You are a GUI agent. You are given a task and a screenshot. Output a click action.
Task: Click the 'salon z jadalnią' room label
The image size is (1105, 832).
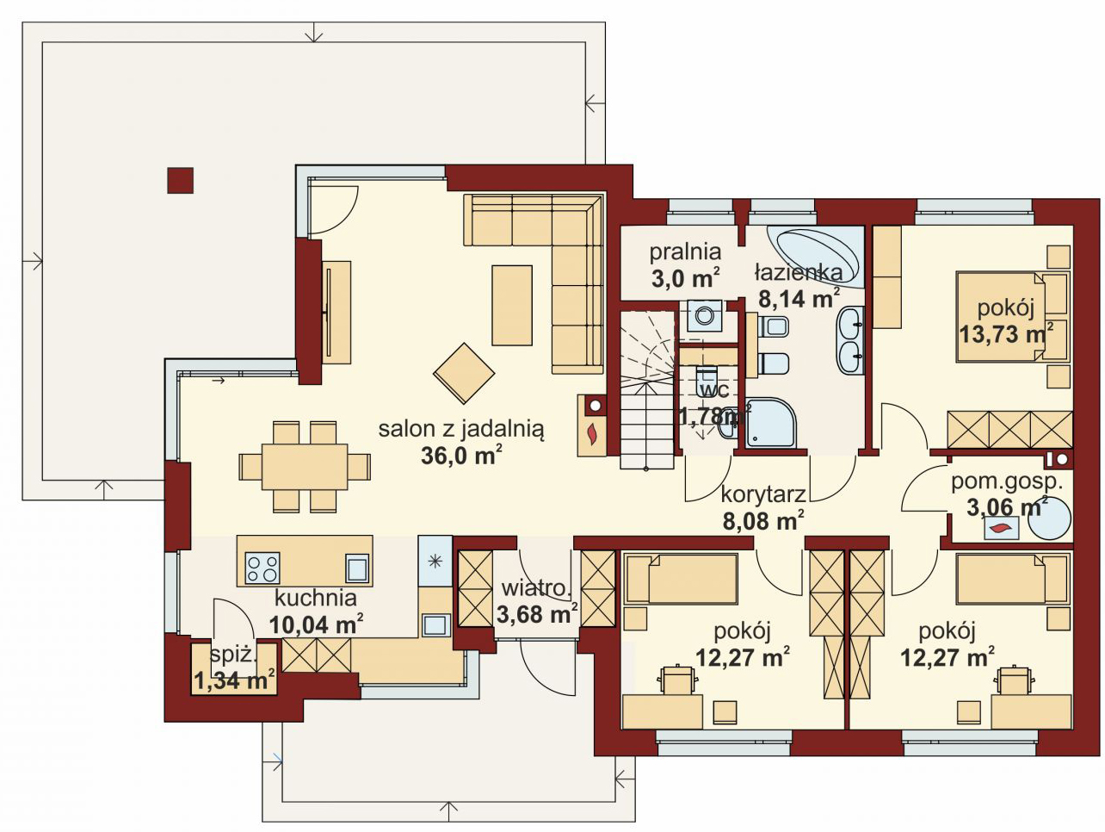click(x=461, y=430)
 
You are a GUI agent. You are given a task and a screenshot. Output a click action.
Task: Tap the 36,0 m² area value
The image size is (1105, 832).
click(x=461, y=456)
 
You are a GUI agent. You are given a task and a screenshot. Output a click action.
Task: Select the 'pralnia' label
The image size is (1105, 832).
click(x=685, y=251)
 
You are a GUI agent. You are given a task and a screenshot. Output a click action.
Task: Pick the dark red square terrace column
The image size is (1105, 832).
click(x=180, y=180)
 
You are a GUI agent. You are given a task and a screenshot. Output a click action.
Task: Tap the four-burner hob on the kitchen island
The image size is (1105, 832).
click(x=262, y=568)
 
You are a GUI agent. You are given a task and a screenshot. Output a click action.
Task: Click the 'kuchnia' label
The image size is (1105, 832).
click(x=316, y=599)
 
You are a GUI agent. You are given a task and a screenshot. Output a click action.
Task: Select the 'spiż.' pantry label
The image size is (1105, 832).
click(x=233, y=655)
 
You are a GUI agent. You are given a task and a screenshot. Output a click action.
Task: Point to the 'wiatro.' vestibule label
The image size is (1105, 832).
click(x=537, y=588)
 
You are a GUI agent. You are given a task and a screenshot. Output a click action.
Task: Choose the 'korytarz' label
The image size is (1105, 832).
click(x=763, y=494)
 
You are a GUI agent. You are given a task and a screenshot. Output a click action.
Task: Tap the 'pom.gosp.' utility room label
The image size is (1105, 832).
click(x=1007, y=482)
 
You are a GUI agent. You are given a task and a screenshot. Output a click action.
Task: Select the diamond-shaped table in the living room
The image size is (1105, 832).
click(x=464, y=373)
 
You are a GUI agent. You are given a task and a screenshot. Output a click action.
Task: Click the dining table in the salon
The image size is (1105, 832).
click(x=305, y=466)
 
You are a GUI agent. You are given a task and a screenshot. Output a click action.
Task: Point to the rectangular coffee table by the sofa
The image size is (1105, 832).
click(x=512, y=305)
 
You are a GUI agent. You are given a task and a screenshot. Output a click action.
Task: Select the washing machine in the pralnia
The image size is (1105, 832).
click(x=705, y=316)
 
